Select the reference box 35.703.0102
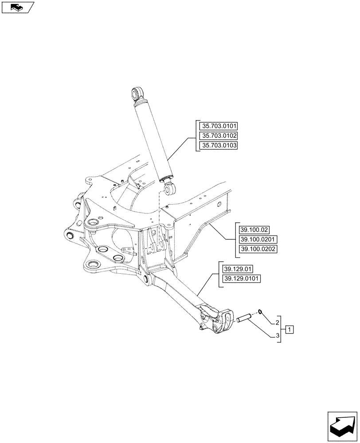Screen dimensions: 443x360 tap(219, 136)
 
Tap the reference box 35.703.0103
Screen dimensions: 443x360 tap(219, 146)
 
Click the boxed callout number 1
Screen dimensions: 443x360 tap(289, 329)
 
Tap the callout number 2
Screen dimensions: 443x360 tap(278, 322)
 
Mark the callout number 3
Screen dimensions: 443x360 tap(278, 336)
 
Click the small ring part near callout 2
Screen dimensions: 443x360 tap(261, 311)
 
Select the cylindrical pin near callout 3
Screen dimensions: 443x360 tap(244, 318)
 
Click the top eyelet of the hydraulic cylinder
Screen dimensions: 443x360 tap(137, 93)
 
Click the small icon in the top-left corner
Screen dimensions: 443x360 tap(17, 7)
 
